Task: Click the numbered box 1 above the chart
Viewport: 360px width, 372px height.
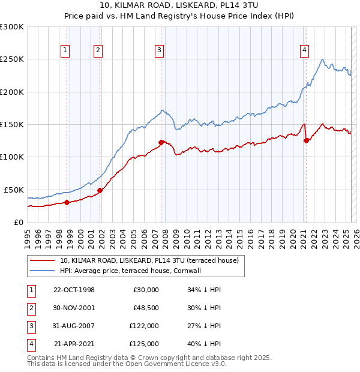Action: pyautogui.click(x=64, y=50)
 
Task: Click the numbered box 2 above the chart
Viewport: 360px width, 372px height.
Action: pyautogui.click(x=97, y=50)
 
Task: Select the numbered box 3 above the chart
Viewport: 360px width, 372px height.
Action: pyautogui.click(x=159, y=50)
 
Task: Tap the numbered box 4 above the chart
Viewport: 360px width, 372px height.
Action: pyautogui.click(x=305, y=50)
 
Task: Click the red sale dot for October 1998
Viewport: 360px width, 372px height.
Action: pyautogui.click(x=67, y=202)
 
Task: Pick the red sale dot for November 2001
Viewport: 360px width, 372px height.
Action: pyautogui.click(x=100, y=190)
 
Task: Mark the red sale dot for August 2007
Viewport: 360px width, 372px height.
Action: pyautogui.click(x=161, y=142)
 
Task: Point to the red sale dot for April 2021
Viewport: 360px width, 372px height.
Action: pyautogui.click(x=307, y=140)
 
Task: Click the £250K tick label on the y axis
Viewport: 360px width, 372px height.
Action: pyautogui.click(x=13, y=59)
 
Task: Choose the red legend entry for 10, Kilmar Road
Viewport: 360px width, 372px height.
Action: pyautogui.click(x=149, y=260)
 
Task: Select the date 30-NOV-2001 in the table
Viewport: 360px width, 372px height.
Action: pyautogui.click(x=74, y=308)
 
